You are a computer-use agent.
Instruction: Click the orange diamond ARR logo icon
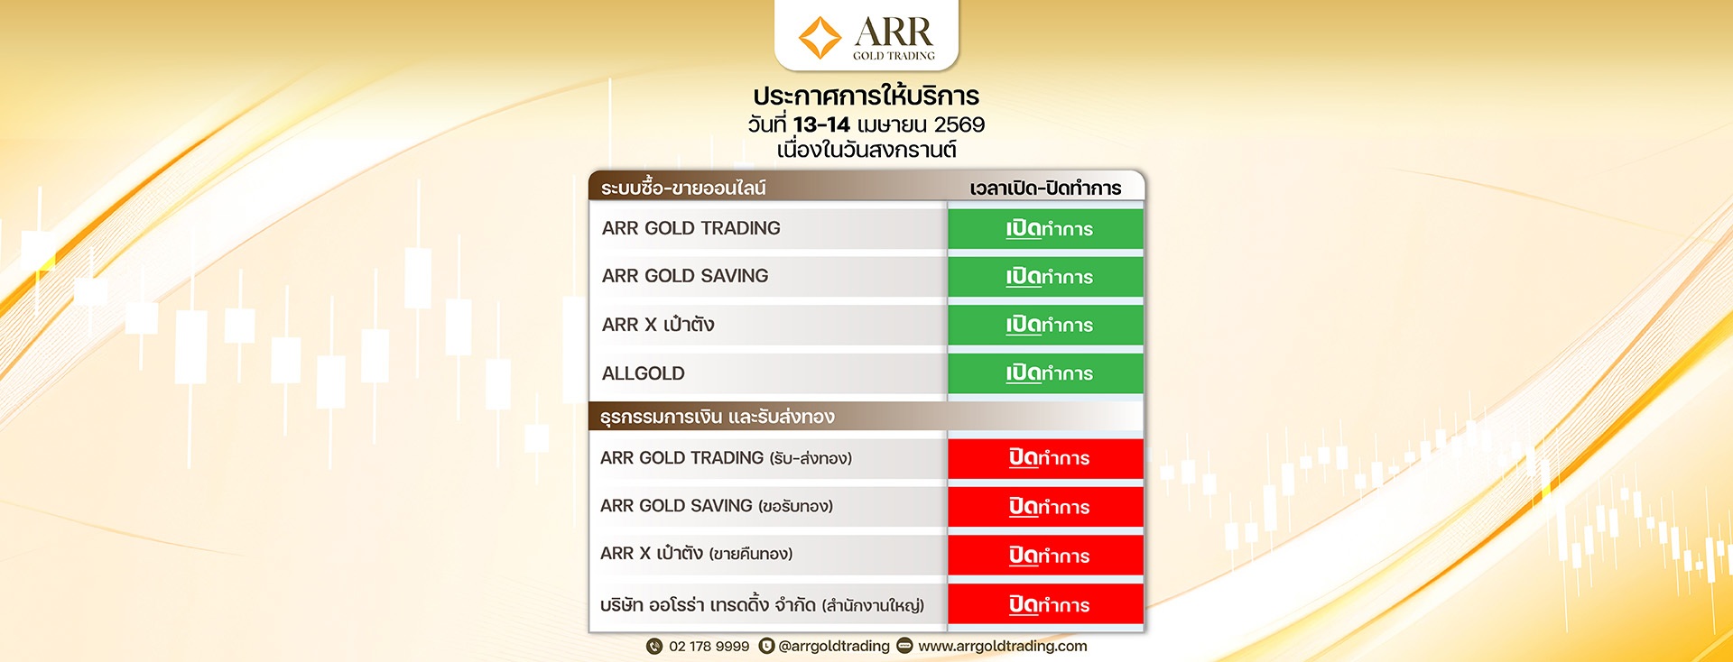pos(820,38)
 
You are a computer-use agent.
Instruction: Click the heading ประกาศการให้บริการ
pos(866,97)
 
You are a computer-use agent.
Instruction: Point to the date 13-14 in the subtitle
pos(821,124)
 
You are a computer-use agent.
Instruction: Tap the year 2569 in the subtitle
pos(959,124)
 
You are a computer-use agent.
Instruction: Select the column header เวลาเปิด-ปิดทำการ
pos(1045,188)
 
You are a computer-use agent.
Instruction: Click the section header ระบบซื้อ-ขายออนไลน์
pos(683,188)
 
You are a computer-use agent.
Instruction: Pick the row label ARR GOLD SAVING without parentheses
pos(685,276)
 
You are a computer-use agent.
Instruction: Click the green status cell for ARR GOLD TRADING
pos(1046,229)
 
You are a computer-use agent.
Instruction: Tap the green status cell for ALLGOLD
pos(1046,373)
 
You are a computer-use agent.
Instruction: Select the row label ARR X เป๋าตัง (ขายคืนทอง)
pos(696,554)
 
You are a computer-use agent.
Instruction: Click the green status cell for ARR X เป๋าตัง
pos(1046,325)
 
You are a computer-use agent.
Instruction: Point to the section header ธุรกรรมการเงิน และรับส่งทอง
pos(718,417)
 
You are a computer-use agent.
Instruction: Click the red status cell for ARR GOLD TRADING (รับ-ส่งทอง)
pos(1046,458)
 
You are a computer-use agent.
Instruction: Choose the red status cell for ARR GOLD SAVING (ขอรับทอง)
pos(1046,507)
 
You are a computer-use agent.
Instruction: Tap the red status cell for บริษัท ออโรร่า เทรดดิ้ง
pos(1046,604)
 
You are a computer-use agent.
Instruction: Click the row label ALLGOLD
pos(644,373)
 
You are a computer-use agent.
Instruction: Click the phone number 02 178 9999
pos(709,646)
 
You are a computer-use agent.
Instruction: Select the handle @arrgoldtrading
pos(833,646)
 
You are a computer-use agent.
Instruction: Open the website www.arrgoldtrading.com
pos(1002,646)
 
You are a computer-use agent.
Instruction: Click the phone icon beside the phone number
pos(654,646)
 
